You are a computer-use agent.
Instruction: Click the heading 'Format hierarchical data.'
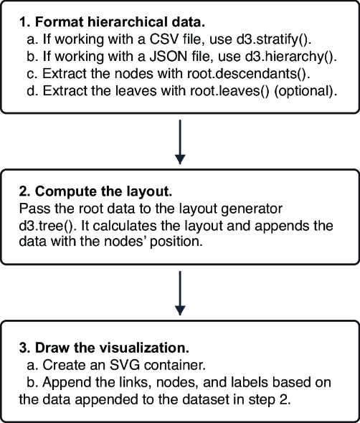(120, 22)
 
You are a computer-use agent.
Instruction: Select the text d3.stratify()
(274, 39)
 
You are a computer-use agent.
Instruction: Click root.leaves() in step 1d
(229, 91)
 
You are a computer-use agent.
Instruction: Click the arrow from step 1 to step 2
(180, 142)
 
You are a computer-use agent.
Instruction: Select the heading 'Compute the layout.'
(104, 191)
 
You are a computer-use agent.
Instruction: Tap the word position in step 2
(176, 242)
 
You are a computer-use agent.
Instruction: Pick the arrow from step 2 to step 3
(180, 293)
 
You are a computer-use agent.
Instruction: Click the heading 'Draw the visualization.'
(112, 348)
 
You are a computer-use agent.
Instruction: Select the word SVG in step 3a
(125, 365)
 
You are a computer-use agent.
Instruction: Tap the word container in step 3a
(175, 365)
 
